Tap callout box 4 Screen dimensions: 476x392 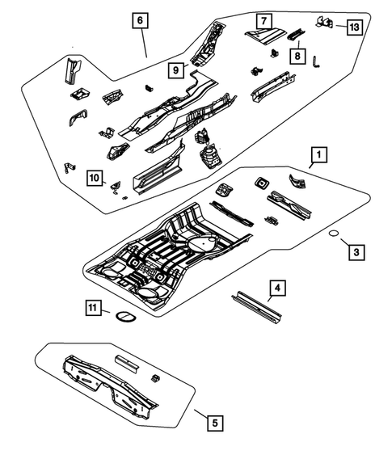pyautogui.click(x=276, y=287)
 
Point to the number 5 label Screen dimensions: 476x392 pyautogui.click(x=213, y=422)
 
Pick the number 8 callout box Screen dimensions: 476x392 pyautogui.click(x=297, y=56)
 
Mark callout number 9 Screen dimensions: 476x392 pyautogui.click(x=175, y=70)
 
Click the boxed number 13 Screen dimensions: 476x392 pyautogui.click(x=354, y=27)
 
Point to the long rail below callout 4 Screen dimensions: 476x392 pyautogui.click(x=256, y=308)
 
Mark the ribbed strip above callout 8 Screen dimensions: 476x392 pyautogui.click(x=296, y=34)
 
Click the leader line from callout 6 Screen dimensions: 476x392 pyautogui.click(x=144, y=42)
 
